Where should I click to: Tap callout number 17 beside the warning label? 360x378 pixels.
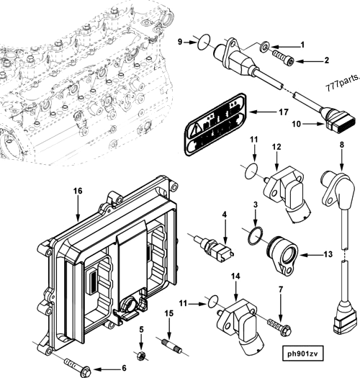click(x=284, y=112)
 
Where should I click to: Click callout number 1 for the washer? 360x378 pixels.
click(x=302, y=45)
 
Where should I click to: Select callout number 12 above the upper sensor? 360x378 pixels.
click(x=275, y=148)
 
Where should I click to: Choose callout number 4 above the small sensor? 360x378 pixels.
click(x=224, y=214)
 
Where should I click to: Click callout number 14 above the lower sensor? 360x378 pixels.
click(x=234, y=276)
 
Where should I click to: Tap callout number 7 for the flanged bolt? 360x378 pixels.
click(x=281, y=289)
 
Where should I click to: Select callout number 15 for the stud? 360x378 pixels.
click(x=168, y=313)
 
